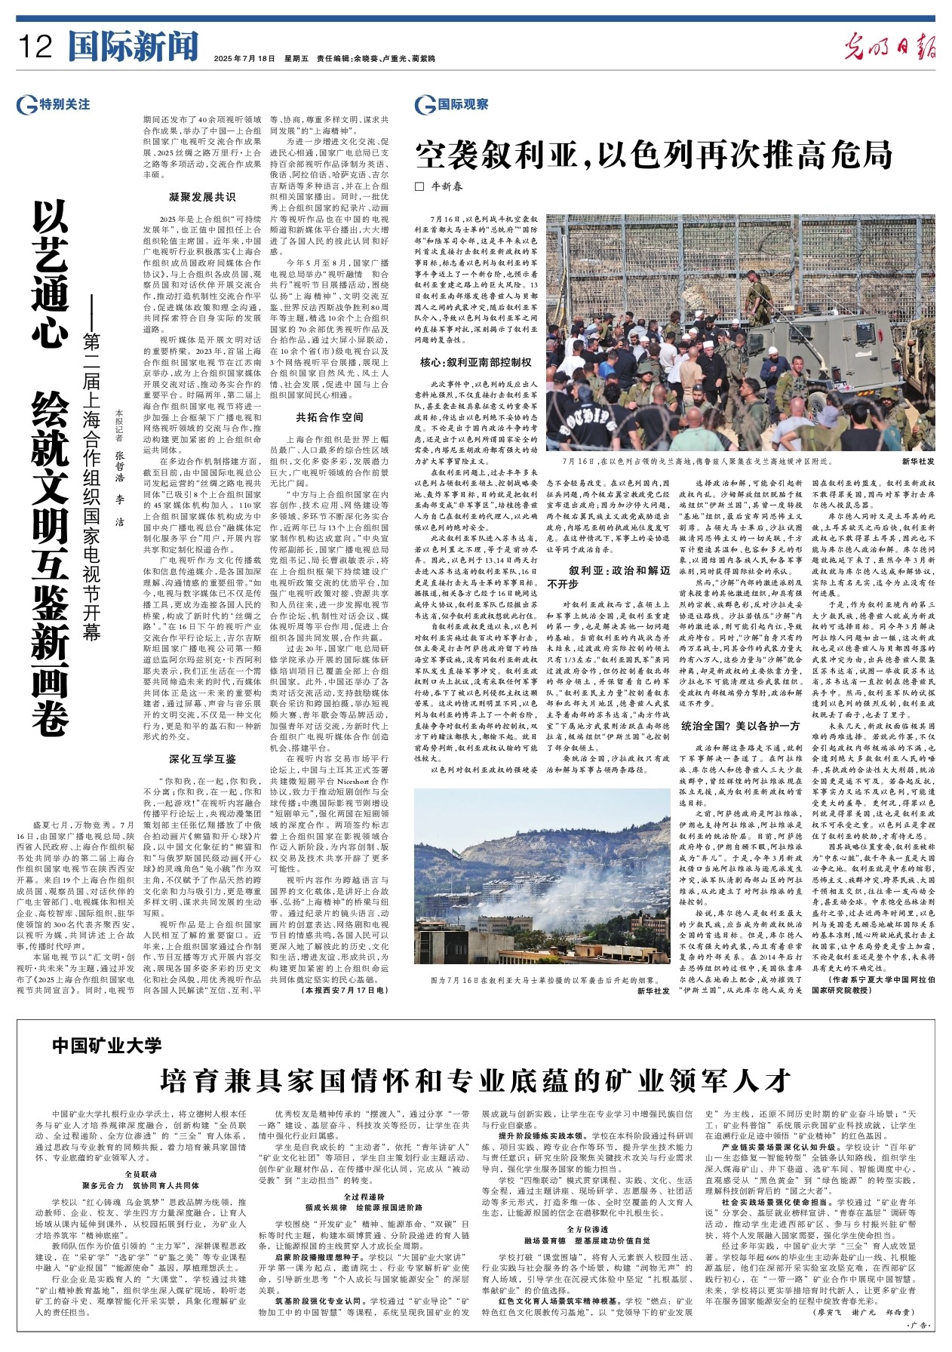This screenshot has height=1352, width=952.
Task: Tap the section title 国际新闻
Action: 133,47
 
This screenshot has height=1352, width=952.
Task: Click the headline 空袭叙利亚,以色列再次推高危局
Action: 653,155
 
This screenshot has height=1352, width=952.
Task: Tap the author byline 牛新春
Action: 446,186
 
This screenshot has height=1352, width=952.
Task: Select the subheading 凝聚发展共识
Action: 201,198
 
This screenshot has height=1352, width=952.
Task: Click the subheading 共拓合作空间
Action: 329,417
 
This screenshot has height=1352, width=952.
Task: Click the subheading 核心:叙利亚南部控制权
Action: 476,362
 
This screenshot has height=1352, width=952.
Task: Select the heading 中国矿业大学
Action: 107,1045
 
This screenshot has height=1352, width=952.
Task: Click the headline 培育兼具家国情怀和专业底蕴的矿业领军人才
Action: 475,1080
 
